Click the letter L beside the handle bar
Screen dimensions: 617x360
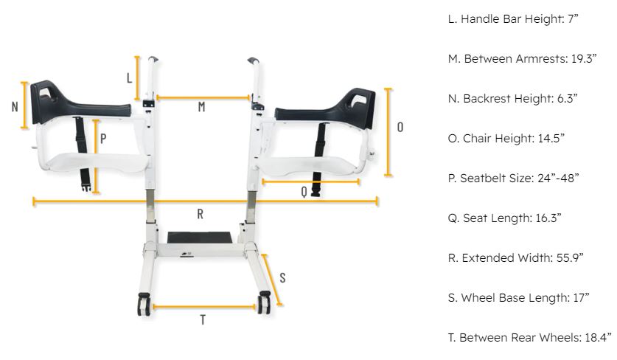[129, 78]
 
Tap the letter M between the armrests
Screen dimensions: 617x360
[201, 107]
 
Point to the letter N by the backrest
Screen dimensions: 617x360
[15, 107]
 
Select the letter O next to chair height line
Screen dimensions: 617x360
[400, 127]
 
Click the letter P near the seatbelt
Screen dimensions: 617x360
[103, 138]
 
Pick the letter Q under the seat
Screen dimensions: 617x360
[304, 191]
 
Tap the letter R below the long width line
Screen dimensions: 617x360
[201, 214]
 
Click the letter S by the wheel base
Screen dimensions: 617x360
[282, 278]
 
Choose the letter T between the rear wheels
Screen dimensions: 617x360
[203, 319]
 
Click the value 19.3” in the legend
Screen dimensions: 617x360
[584, 59]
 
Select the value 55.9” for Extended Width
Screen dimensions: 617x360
[570, 258]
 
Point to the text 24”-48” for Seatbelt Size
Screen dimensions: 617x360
[558, 178]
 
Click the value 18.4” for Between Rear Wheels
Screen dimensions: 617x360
[598, 338]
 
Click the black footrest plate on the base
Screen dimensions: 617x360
[200, 238]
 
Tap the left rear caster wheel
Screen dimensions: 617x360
[144, 304]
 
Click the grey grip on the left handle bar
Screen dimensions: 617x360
[153, 60]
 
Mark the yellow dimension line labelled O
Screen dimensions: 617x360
[388, 132]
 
